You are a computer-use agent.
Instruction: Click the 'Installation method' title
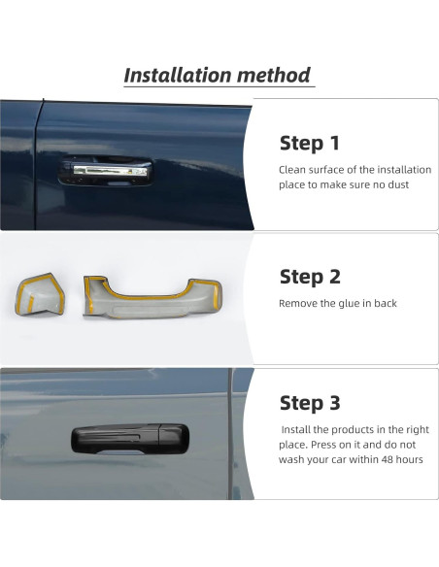[x=218, y=75]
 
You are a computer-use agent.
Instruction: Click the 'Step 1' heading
[x=310, y=144]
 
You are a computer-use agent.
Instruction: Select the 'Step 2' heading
[x=310, y=277]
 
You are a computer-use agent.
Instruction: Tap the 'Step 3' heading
[x=310, y=403]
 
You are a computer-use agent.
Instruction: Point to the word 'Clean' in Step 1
[x=292, y=169]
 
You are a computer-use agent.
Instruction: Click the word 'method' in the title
[x=276, y=75]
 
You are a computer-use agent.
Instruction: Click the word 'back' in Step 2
[x=386, y=304]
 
